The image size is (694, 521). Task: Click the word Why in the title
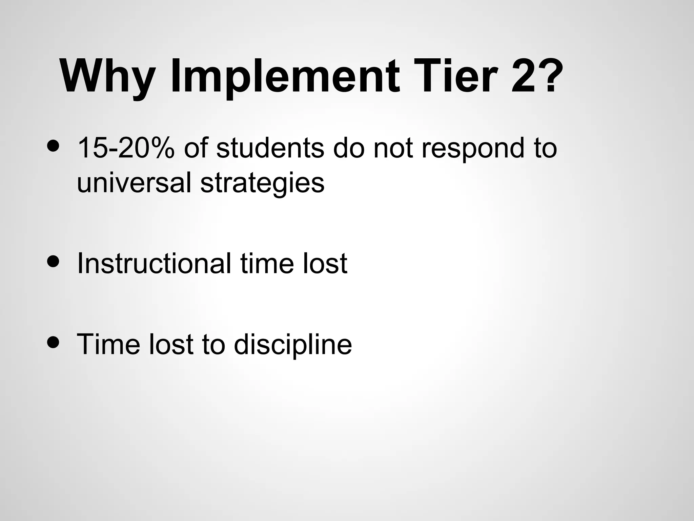[x=108, y=76]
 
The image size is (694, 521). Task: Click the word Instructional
[x=154, y=263]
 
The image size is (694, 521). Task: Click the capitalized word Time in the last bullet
[x=108, y=344]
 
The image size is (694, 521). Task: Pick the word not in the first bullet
[x=393, y=148]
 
